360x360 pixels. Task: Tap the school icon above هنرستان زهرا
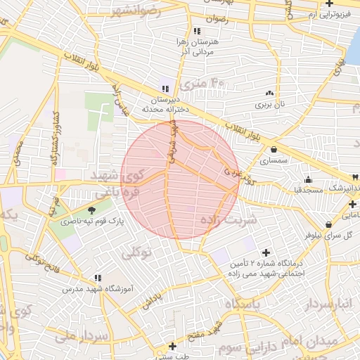point(197,31)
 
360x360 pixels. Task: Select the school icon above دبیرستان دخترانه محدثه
point(165,89)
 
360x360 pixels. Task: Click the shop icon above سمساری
point(273,149)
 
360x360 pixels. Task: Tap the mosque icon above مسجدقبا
point(308,179)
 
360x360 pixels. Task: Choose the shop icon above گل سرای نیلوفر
point(328,225)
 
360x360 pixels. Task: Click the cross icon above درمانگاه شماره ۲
point(266,252)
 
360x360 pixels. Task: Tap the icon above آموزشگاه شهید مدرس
point(97,278)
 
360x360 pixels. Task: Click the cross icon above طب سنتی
point(172,346)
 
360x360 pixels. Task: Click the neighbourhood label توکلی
point(136,252)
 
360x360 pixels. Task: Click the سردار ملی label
point(90,336)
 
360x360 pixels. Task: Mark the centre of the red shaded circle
point(179,180)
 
